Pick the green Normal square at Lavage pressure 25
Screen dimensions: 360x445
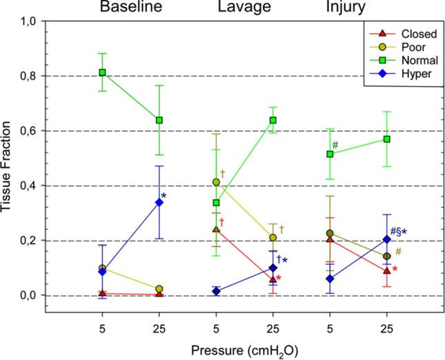pyautogui.click(x=273, y=120)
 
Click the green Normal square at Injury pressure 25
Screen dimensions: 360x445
pyautogui.click(x=387, y=139)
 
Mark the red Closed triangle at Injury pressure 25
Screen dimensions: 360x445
pyautogui.click(x=387, y=271)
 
